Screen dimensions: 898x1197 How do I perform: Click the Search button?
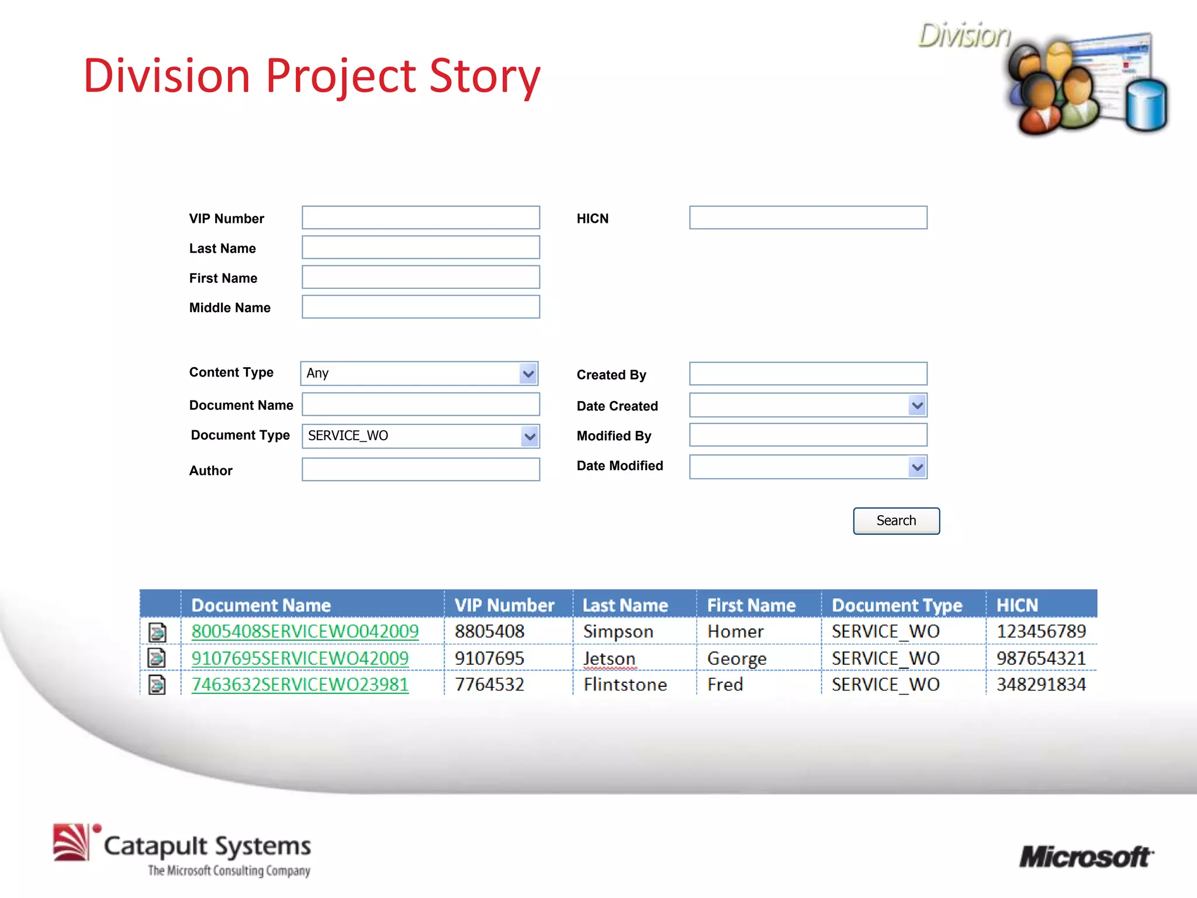pos(896,521)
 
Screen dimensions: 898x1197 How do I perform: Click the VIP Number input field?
pos(420,217)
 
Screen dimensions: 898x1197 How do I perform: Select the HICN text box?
pos(808,217)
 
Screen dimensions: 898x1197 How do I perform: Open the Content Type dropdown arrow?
pos(528,374)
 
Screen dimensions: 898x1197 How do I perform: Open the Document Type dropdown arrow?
pos(530,437)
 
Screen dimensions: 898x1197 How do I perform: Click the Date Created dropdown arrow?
pos(917,405)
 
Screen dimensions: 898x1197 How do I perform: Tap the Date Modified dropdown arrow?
pos(917,467)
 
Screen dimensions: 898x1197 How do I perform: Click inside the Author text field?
pos(420,469)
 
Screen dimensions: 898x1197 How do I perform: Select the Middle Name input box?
pos(420,307)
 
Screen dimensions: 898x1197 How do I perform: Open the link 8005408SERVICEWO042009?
pos(305,631)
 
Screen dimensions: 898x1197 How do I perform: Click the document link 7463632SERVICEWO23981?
pos(300,685)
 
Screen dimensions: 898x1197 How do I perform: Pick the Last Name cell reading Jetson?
pos(609,659)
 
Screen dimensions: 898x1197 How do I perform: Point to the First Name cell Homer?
pos(735,631)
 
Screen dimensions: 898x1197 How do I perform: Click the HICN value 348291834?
pos(1041,685)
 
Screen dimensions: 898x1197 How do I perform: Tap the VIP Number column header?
pos(504,605)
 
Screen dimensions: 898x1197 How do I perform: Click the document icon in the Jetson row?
pos(157,658)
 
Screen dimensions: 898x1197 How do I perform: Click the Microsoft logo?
pos(1086,857)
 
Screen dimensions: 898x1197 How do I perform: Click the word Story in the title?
pos(485,76)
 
